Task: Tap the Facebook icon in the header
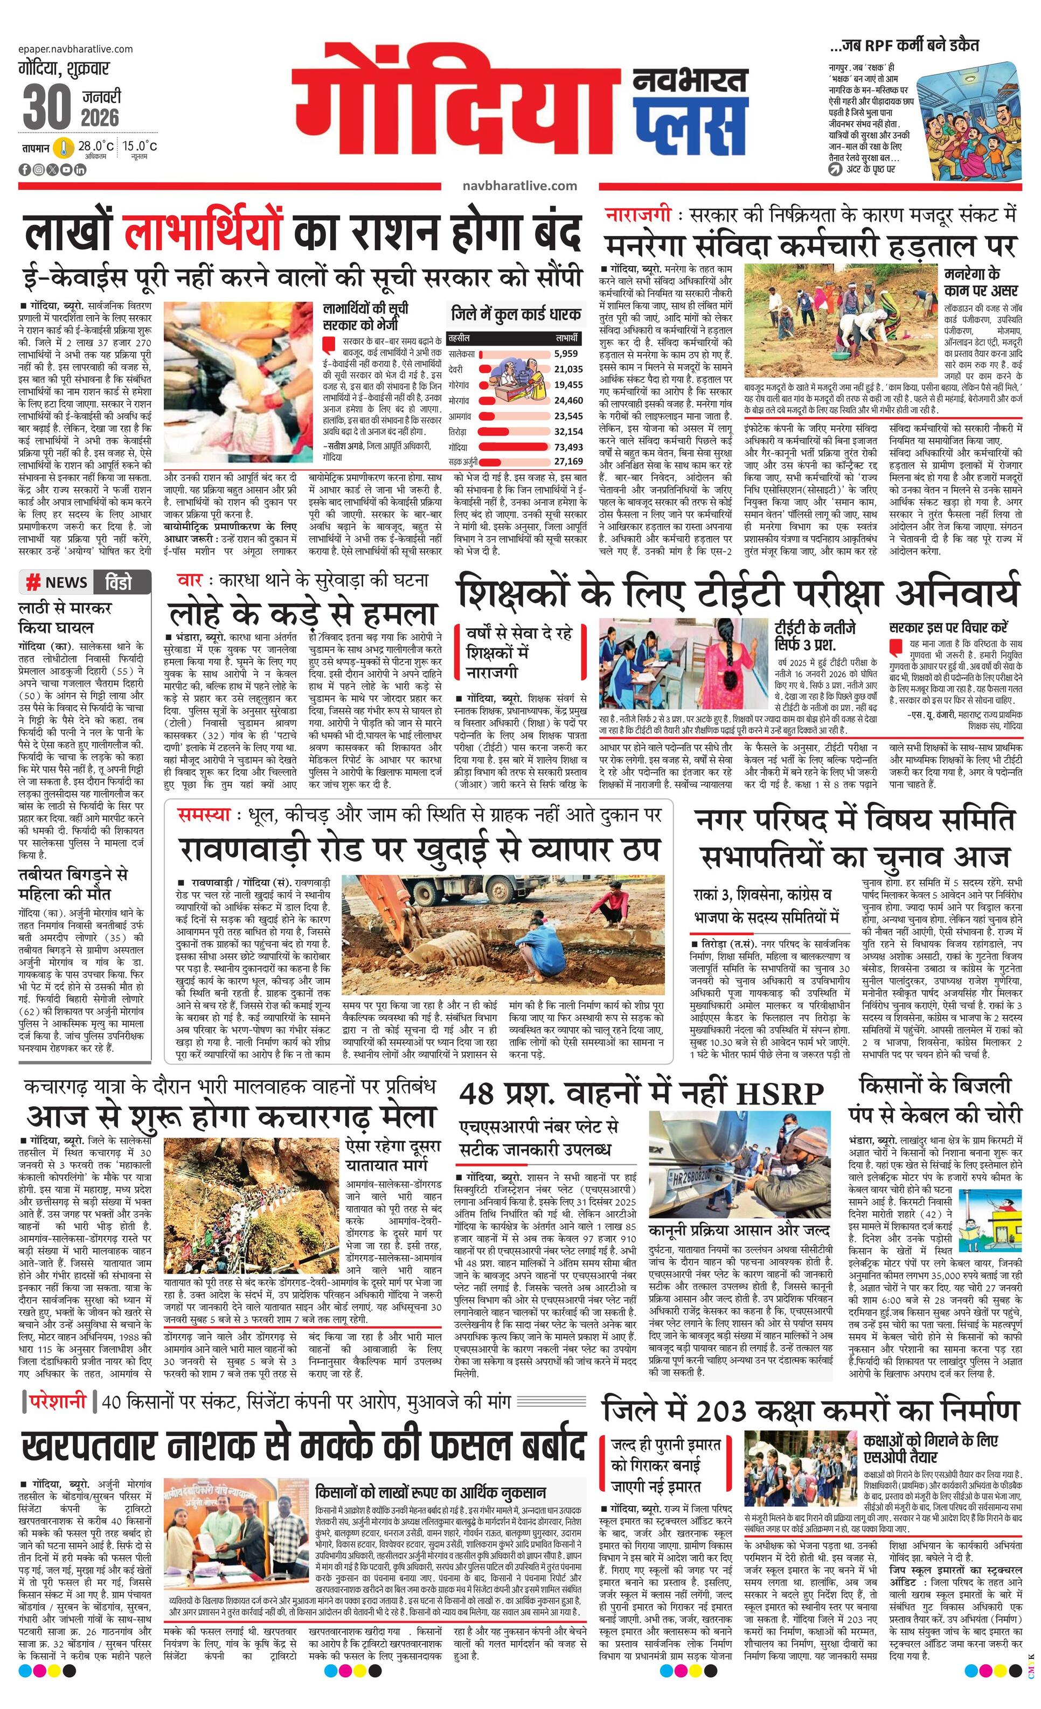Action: click(24, 170)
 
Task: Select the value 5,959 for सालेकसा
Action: click(566, 353)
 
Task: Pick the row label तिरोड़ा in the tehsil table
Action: click(459, 430)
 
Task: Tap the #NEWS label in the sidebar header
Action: click(58, 582)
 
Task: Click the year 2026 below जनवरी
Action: click(100, 117)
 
